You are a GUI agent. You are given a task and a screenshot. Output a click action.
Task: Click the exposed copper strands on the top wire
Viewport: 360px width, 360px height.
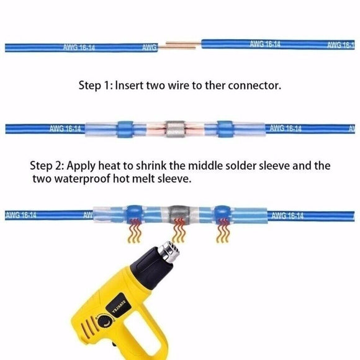pyautogui.click(x=180, y=45)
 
